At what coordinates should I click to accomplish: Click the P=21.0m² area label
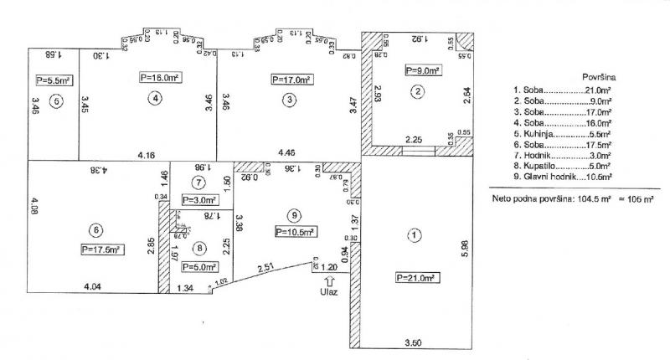(412, 278)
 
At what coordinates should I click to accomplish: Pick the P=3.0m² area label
(200, 200)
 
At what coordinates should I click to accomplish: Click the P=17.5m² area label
(103, 249)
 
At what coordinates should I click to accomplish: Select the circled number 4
(155, 99)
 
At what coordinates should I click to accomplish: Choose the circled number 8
(199, 248)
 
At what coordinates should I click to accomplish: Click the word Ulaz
(327, 293)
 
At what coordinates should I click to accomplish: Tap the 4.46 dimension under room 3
(288, 154)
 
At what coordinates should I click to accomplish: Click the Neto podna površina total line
(574, 200)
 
